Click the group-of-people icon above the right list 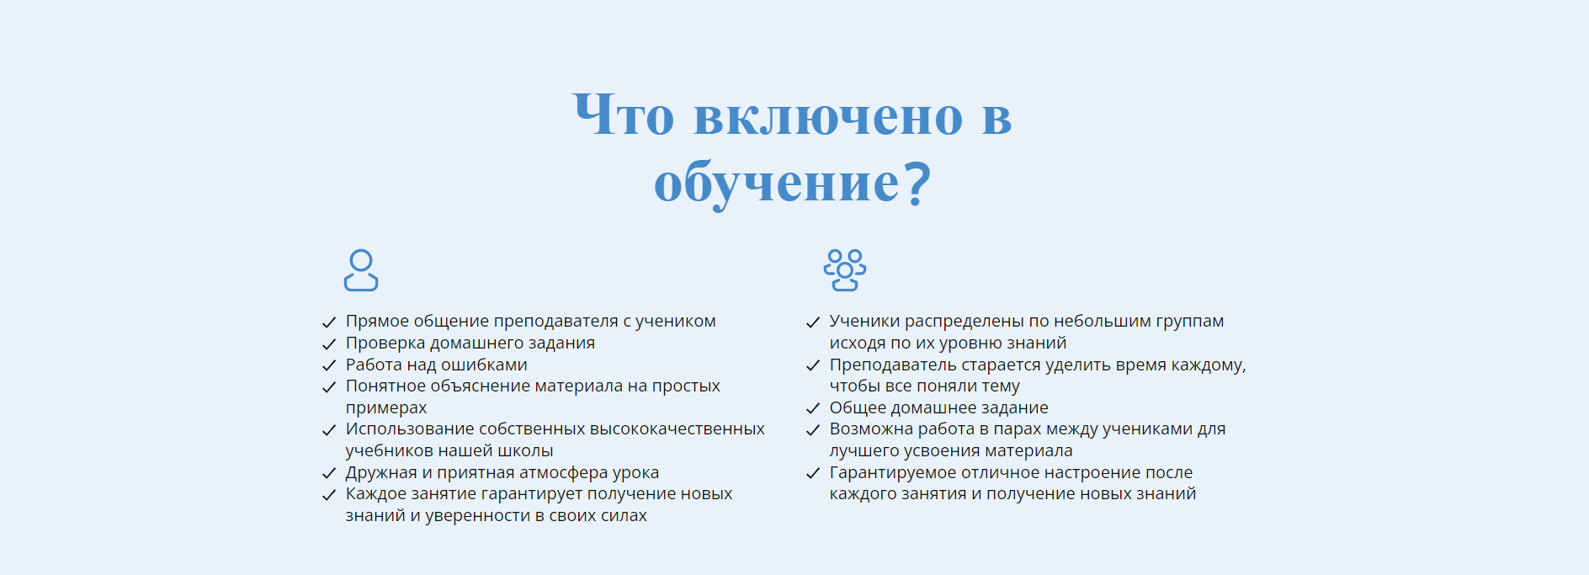845,270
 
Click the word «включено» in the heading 828,116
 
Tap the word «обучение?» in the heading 793,183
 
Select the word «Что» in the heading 624,114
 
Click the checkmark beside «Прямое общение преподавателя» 329,322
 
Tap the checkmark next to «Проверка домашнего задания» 329,344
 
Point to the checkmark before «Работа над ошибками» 329,365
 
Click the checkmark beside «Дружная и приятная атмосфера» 329,473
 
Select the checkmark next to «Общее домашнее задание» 813,408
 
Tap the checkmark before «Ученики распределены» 813,322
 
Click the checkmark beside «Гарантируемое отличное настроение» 813,473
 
